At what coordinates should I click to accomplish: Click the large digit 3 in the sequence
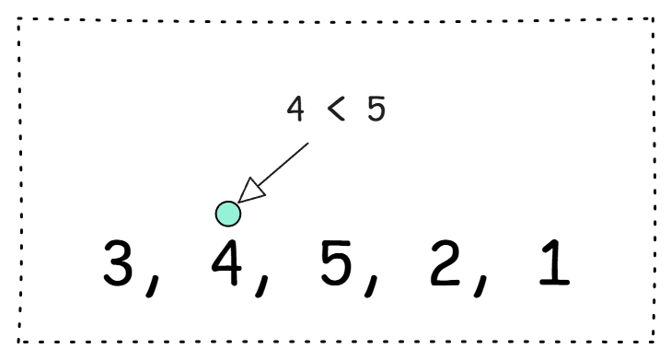[x=118, y=262]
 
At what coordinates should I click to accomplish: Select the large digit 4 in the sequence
[x=227, y=262]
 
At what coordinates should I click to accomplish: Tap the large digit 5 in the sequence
[x=336, y=262]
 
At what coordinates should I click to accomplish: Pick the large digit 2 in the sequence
[x=445, y=262]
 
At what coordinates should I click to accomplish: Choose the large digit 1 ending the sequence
[x=555, y=262]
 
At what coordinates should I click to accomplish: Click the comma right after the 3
[x=153, y=285]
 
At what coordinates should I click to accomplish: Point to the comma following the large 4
[x=262, y=285]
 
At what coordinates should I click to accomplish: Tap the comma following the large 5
[x=372, y=285]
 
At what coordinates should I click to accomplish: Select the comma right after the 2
[x=480, y=285]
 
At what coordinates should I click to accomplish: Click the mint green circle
[x=228, y=214]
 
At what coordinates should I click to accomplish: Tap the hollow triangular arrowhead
[x=252, y=191]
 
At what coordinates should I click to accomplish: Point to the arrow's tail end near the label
[x=308, y=143]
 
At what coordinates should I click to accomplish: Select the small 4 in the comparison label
[x=295, y=109]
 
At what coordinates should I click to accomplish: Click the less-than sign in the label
[x=336, y=109]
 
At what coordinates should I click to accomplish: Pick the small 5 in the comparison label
[x=376, y=109]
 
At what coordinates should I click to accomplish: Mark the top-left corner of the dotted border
[x=18, y=18]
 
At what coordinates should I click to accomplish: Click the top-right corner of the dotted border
[x=654, y=18]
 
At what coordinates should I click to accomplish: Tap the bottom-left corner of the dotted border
[x=18, y=342]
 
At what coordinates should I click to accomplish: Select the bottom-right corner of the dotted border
[x=654, y=342]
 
